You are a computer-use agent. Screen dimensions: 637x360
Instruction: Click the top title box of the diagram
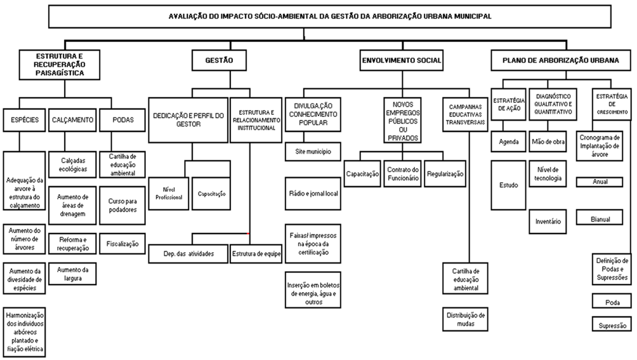329,17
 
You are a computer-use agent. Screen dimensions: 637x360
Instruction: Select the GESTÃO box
219,60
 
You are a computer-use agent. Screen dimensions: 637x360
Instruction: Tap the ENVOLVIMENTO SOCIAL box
402,60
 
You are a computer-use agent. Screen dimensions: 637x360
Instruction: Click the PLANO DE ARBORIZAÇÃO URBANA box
561,60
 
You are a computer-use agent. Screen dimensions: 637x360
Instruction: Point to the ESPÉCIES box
24,120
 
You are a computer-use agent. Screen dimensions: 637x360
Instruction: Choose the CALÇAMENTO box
72,120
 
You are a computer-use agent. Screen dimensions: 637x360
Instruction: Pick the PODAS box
122,120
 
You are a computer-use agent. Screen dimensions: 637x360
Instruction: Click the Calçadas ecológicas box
72,164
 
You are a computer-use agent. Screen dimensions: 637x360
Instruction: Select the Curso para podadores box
122,205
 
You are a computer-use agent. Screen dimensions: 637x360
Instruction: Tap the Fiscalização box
122,244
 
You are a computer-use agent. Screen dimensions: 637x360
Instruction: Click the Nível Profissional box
169,194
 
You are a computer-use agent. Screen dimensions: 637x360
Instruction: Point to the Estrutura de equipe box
256,253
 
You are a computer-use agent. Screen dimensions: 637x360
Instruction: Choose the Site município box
313,152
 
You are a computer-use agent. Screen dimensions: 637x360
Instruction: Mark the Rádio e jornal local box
313,194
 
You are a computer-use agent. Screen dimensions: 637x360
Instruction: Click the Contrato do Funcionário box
403,173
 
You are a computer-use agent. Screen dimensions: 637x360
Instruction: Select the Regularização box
445,173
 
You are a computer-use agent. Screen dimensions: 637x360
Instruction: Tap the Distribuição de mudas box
465,319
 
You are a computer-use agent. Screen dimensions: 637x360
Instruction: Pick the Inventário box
548,222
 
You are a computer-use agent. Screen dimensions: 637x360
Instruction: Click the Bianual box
600,219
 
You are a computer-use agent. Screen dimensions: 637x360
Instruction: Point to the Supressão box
612,325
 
